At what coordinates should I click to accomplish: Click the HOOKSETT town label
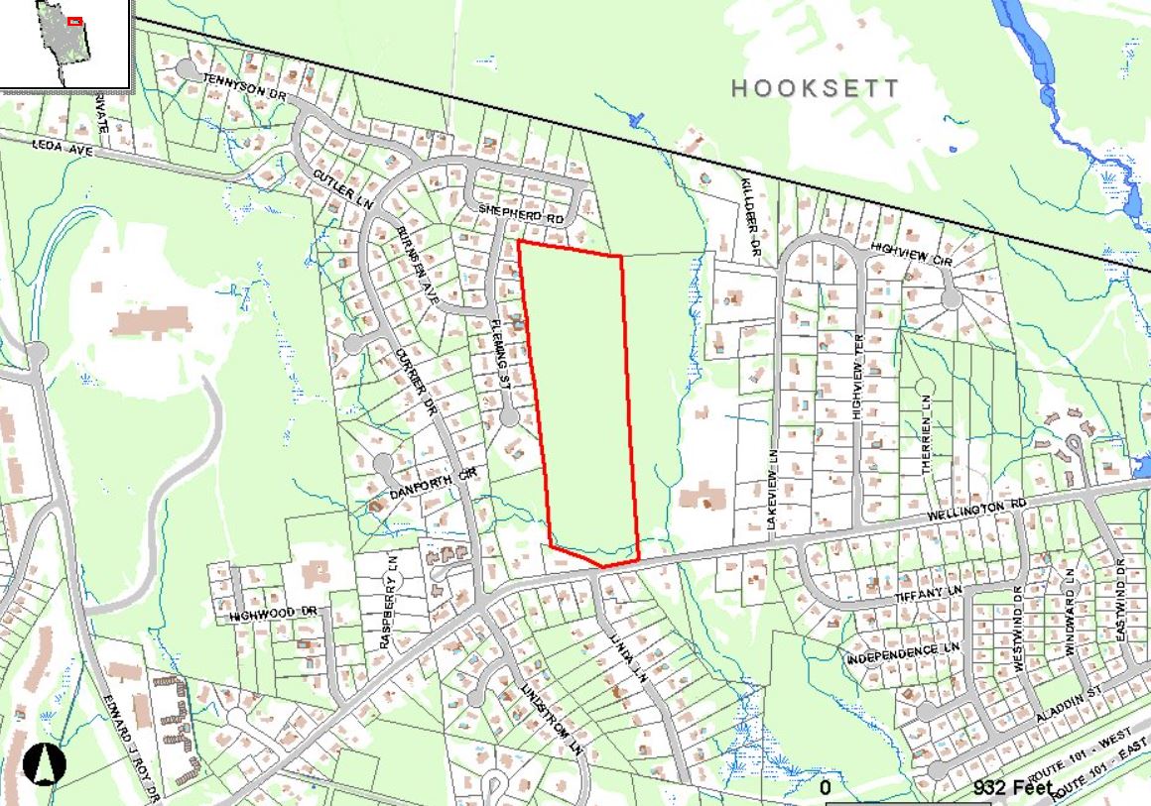(x=816, y=88)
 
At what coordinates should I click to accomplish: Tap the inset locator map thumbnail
(x=65, y=45)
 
